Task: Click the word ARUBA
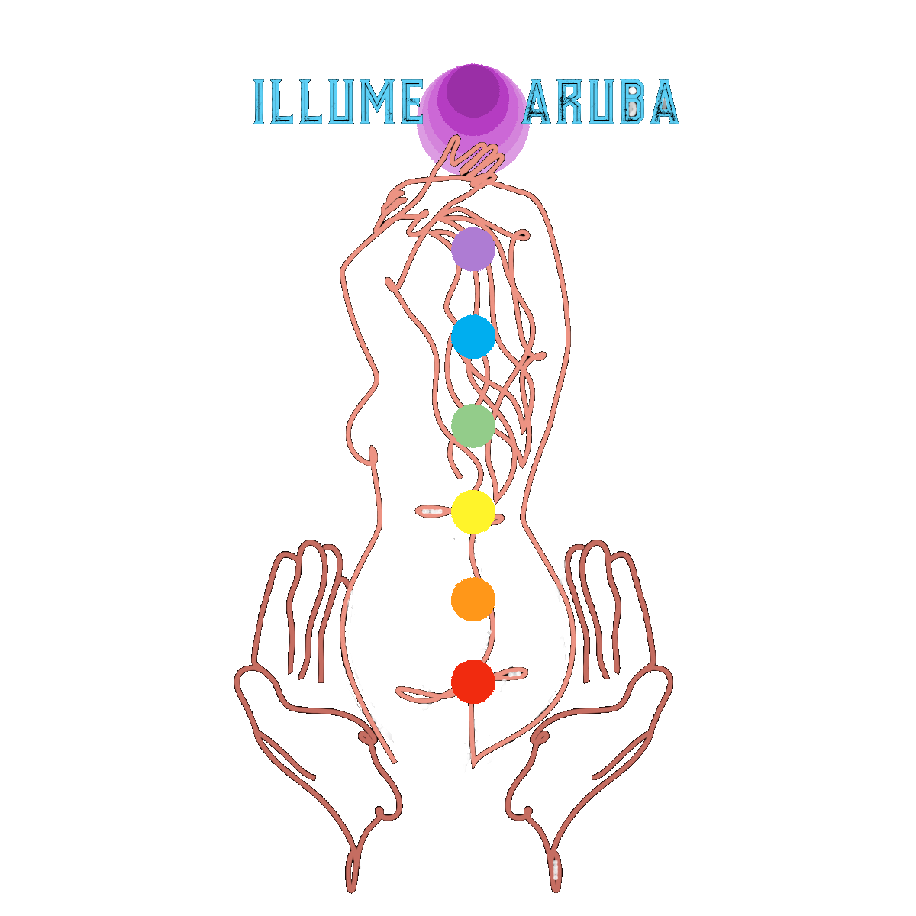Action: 601,102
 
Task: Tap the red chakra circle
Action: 473,682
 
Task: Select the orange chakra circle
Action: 473,598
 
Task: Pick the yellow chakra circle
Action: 473,511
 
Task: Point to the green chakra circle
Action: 473,426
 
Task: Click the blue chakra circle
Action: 473,337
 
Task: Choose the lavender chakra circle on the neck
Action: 473,249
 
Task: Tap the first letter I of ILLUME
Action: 259,102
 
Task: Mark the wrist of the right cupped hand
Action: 555,863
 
